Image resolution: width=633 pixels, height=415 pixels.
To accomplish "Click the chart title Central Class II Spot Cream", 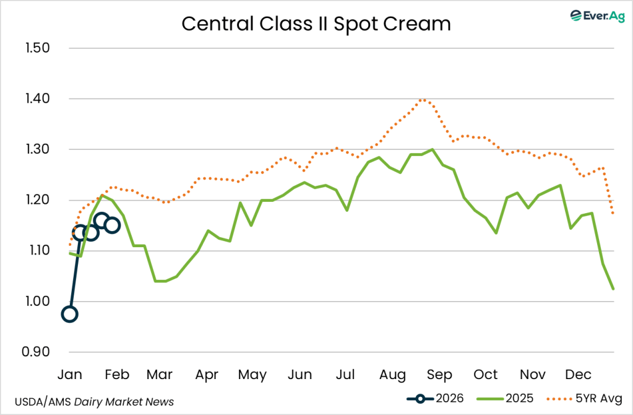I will (x=316, y=24).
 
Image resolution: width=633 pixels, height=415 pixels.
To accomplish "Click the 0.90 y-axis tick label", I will (x=36, y=352).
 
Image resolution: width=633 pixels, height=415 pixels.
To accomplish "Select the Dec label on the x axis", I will (x=579, y=375).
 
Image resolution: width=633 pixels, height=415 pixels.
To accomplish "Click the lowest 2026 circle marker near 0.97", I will (x=70, y=314).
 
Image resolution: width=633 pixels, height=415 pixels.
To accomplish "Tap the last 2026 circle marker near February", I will (x=112, y=225).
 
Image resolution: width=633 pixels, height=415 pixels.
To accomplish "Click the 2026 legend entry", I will (x=433, y=398).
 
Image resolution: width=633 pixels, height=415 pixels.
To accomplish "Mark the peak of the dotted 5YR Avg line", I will (x=423, y=99).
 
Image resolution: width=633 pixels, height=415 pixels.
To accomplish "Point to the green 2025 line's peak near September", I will (x=433, y=149).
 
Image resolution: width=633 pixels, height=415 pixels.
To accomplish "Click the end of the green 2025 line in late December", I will (x=613, y=289).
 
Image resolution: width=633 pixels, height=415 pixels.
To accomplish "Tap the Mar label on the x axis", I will (x=159, y=375).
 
